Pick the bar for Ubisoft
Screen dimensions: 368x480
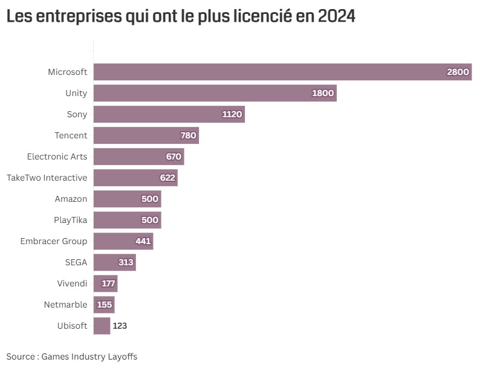[x=102, y=326]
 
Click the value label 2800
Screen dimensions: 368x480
[x=458, y=72]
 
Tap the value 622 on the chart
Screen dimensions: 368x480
[x=167, y=178]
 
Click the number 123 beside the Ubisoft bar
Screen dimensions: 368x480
[x=120, y=326]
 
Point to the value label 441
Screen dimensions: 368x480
[x=143, y=241]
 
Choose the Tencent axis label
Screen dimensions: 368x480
[x=71, y=135]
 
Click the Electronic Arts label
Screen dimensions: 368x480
[x=57, y=157]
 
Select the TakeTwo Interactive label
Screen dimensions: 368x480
[x=47, y=178]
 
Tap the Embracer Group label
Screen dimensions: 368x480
[x=54, y=241]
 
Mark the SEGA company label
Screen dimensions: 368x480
[x=76, y=262]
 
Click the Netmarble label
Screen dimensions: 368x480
[x=65, y=305]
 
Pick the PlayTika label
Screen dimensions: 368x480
[x=70, y=220]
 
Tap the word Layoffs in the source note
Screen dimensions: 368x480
[x=122, y=357]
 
